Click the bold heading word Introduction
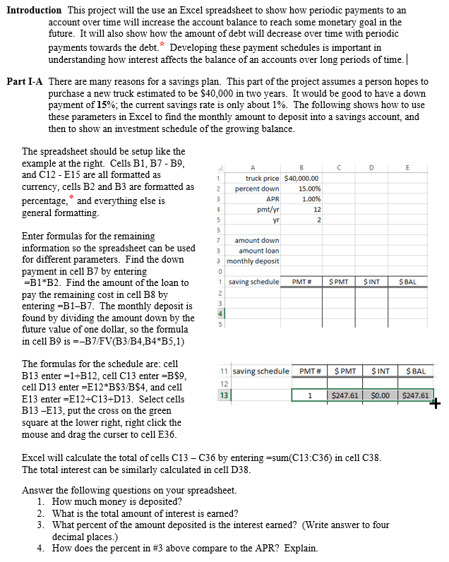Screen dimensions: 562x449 (34, 11)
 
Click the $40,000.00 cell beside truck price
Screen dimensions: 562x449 (301, 179)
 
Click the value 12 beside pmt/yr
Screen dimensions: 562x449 (317, 210)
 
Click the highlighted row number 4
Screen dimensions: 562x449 (220, 313)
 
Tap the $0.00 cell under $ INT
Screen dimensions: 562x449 (381, 396)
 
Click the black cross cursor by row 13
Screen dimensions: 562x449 (434, 404)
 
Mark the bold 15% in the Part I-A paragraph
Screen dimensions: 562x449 (86, 104)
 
